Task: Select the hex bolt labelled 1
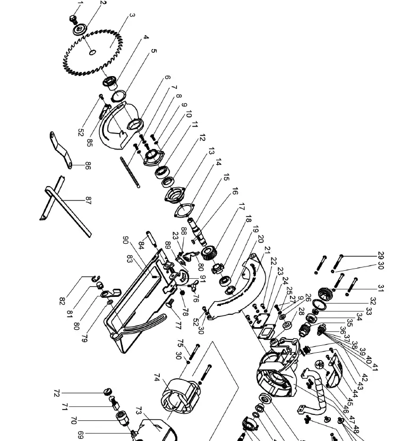coord(73,19)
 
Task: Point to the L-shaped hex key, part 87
coord(64,202)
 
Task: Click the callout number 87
coord(88,200)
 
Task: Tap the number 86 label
coord(88,167)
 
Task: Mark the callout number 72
coord(57,393)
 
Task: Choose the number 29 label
coord(381,256)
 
